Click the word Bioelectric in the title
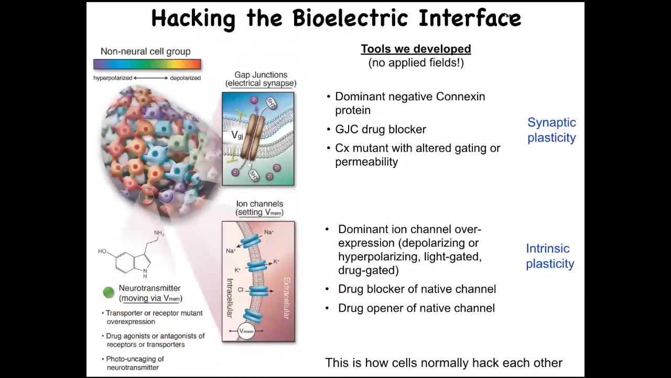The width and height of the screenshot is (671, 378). coord(351,18)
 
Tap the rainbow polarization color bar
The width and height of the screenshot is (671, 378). coord(147,64)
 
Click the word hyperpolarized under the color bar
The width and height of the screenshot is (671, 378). coord(113,78)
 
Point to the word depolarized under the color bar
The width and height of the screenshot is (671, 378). coord(186,78)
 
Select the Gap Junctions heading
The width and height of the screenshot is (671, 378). coord(261,75)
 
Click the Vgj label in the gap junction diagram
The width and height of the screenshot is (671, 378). coord(237,135)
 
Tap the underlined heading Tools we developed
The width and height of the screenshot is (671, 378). coord(416,49)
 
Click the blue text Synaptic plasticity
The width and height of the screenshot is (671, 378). coord(551,130)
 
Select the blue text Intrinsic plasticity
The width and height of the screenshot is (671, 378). coord(550,256)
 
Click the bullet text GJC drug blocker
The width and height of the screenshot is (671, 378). coord(381,129)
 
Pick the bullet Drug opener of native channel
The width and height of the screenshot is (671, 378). coord(416,308)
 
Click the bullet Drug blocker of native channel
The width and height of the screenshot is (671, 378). coord(417,289)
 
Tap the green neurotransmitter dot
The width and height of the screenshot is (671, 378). coord(109,292)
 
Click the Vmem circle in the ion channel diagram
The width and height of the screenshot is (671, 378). coord(246,331)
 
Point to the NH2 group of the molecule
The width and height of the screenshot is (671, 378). coord(159,233)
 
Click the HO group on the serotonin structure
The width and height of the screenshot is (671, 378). coord(102,251)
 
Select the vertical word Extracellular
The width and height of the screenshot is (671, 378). coord(287,298)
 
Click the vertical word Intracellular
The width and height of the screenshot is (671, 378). coord(230,298)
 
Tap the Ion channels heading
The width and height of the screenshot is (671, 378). coord(259,204)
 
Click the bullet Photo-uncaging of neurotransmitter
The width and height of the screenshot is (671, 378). coord(135,363)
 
